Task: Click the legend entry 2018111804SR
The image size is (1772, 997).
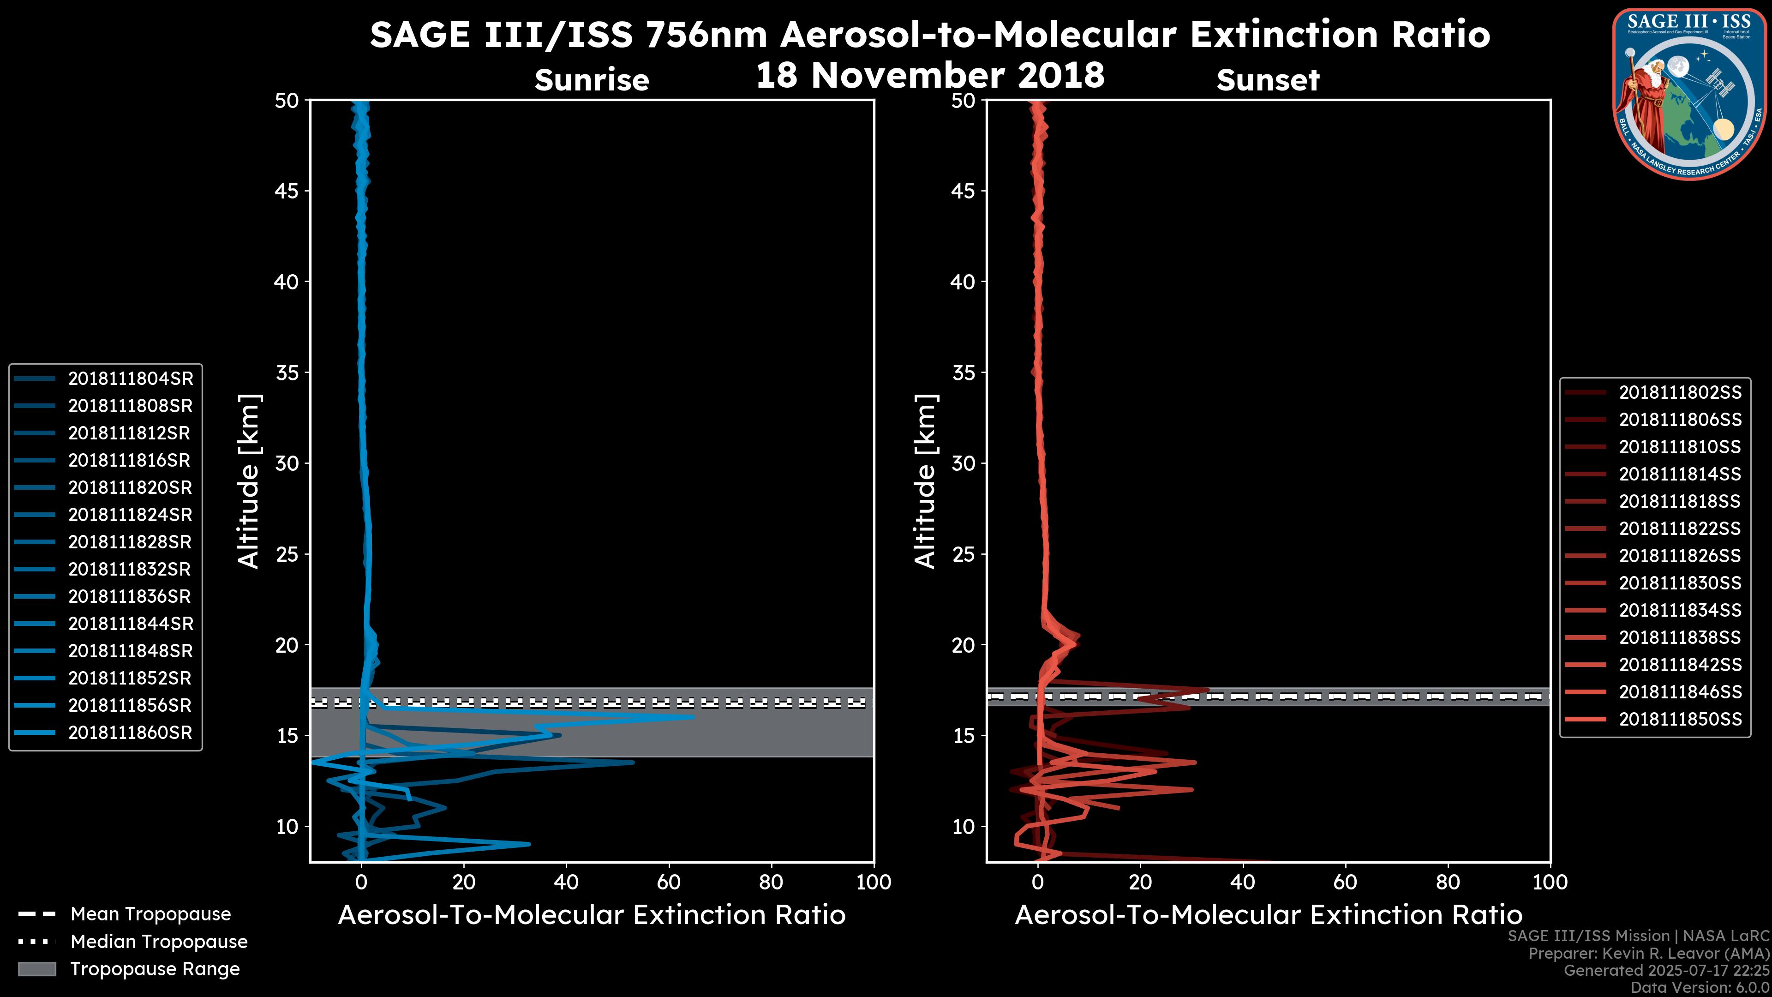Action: tap(130, 378)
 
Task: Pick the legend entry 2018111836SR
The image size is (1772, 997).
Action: tap(130, 596)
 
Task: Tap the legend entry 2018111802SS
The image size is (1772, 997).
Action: tap(1680, 392)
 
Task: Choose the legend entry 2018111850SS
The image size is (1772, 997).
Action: tap(1680, 719)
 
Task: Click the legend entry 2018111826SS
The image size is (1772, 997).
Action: tap(1680, 555)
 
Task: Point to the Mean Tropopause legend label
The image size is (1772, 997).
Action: tap(150, 914)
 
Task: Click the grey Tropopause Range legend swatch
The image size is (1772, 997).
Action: tap(37, 969)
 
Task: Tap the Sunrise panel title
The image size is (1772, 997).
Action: tap(592, 80)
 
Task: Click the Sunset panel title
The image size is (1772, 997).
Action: tap(1268, 80)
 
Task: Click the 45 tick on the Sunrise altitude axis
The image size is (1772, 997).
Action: tap(287, 191)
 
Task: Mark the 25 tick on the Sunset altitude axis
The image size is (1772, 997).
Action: tap(963, 554)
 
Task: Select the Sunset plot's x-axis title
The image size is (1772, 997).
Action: tap(1268, 915)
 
